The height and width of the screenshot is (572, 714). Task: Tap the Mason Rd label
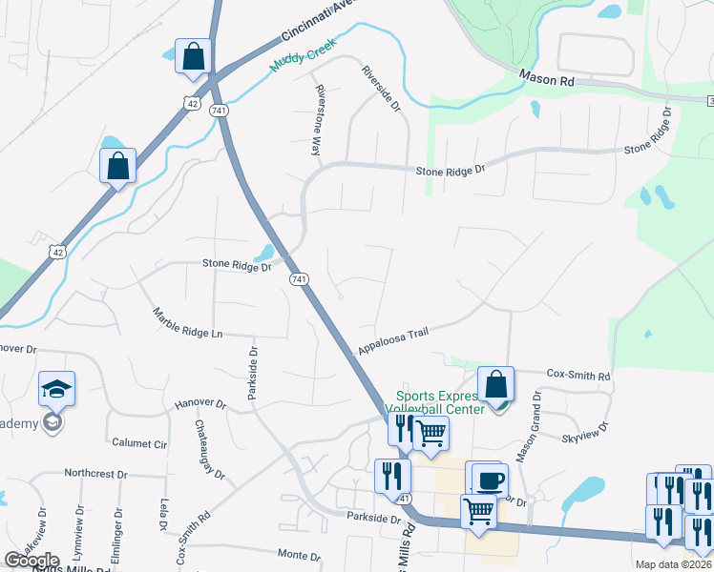pyautogui.click(x=546, y=80)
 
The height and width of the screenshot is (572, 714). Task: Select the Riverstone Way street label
pyautogui.click(x=318, y=120)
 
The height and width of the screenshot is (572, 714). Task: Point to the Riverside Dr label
pyautogui.click(x=380, y=88)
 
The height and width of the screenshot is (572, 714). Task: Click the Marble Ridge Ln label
pyautogui.click(x=188, y=323)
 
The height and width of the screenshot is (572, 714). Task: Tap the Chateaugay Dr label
pyautogui.click(x=209, y=448)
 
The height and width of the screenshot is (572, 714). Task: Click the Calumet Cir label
pyautogui.click(x=139, y=443)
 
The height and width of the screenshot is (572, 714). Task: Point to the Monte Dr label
pyautogui.click(x=298, y=555)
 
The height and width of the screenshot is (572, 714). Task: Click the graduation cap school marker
pyautogui.click(x=56, y=389)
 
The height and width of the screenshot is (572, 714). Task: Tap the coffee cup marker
pyautogui.click(x=490, y=480)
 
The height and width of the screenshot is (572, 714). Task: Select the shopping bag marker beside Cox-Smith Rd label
pyautogui.click(x=495, y=384)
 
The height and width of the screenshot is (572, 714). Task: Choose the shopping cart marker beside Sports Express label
pyautogui.click(x=431, y=432)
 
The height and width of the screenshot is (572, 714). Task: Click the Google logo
pyautogui.click(x=31, y=561)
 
